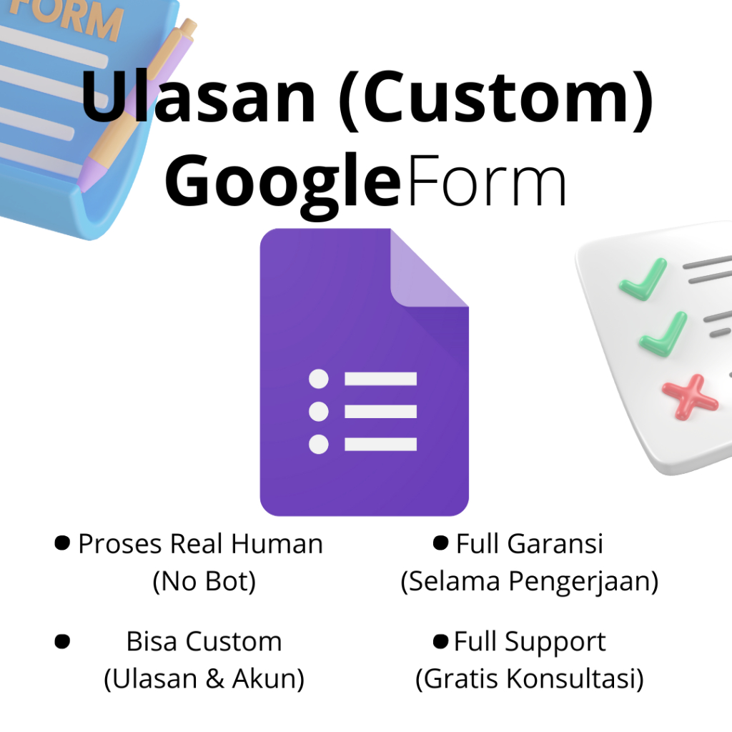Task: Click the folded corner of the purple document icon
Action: tap(427, 269)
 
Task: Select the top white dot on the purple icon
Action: tap(318, 379)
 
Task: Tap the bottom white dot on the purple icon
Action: tap(318, 444)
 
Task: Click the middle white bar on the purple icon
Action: tap(380, 411)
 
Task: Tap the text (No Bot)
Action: tap(204, 582)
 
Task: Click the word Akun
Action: tap(275, 679)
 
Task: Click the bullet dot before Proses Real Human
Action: tap(62, 543)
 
